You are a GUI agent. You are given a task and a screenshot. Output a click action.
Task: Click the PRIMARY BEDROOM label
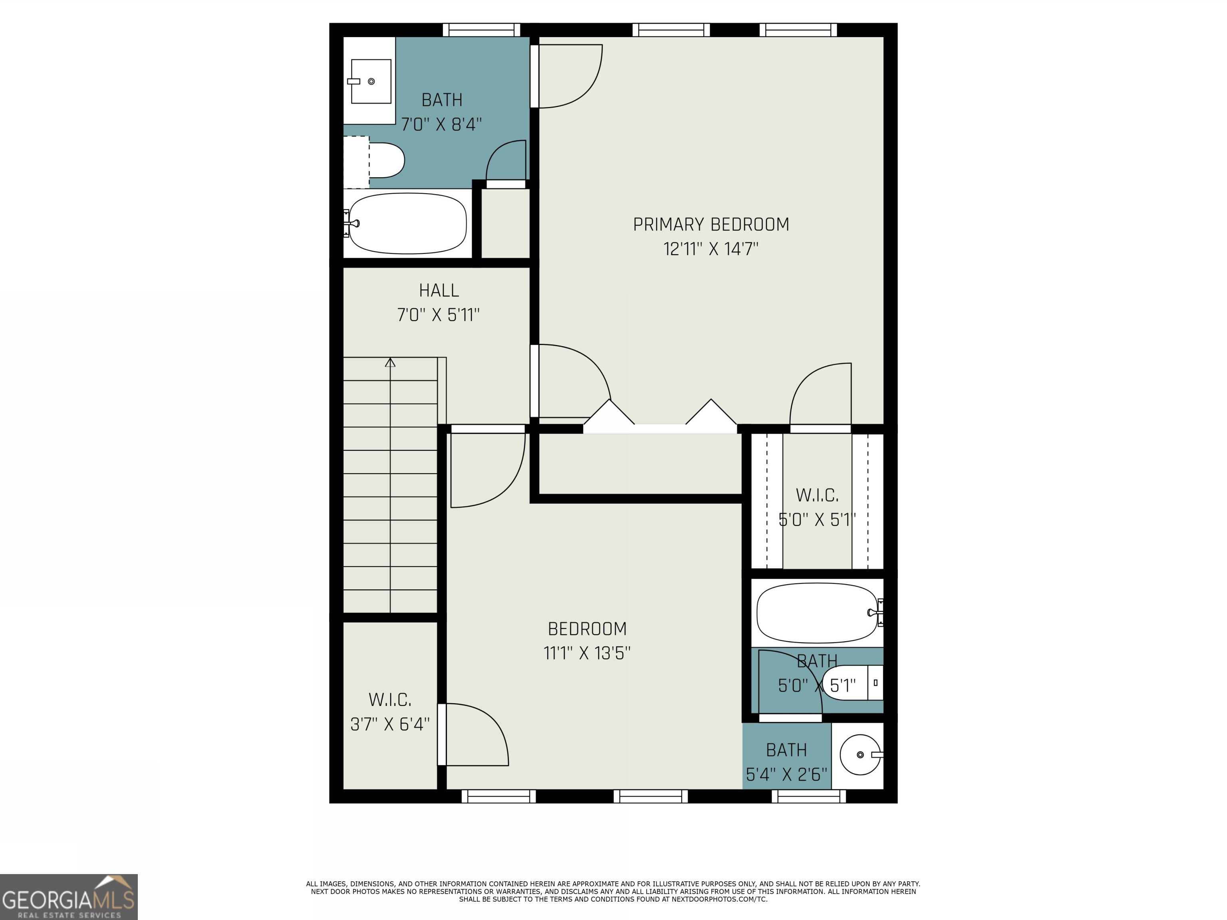point(711,224)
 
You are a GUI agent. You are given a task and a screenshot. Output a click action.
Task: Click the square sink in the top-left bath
point(371,81)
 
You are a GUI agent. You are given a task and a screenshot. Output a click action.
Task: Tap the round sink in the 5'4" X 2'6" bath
point(860,755)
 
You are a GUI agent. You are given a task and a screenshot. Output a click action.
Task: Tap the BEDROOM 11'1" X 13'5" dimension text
point(587,653)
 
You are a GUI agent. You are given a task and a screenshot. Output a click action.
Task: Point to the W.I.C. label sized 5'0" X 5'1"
point(817,495)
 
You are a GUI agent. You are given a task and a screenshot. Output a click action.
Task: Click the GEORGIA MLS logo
point(68,897)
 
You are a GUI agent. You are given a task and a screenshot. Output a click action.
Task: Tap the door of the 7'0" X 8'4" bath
point(506,162)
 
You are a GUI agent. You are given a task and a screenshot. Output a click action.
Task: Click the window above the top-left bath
point(481,30)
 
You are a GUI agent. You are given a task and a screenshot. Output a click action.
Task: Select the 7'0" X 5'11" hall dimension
point(438,315)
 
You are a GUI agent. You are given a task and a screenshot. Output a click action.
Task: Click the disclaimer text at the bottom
point(613,892)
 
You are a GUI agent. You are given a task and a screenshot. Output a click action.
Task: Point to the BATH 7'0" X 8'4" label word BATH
point(441,100)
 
